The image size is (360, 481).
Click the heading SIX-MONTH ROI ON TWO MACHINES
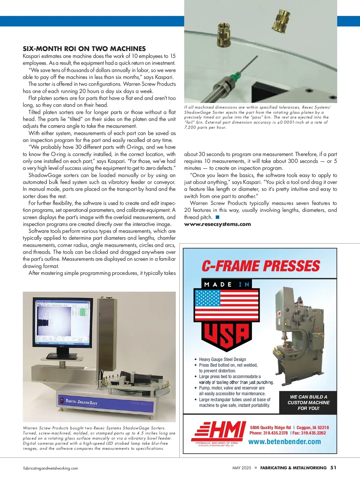coord(84,49)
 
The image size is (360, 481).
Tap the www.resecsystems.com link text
coord(217,224)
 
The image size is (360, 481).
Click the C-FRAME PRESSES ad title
coord(261,266)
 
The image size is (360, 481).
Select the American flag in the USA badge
coord(226,305)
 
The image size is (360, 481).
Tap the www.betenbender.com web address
coord(284,442)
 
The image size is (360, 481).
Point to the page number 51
coord(333,467)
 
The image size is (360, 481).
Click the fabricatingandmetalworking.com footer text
coord(50,468)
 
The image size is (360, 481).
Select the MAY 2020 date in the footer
coord(241,468)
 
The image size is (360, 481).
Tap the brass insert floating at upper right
coord(282,20)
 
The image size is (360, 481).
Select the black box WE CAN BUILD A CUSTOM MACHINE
coord(308,402)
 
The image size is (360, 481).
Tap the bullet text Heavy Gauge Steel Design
coord(222,359)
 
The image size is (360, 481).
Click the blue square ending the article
coord(217,217)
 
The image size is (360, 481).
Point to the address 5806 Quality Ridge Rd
coord(270,428)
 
